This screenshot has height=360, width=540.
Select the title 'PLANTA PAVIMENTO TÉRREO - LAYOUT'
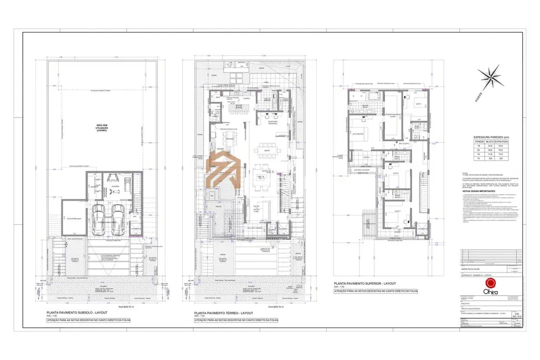coord(224,313)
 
